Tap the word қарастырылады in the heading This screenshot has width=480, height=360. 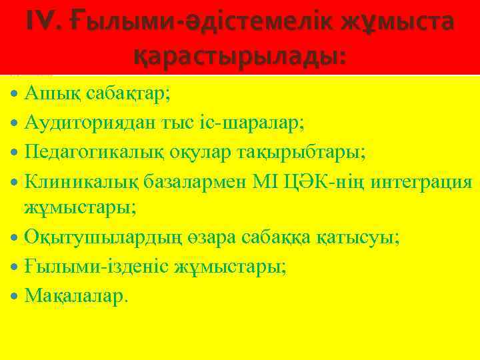[x=240, y=56]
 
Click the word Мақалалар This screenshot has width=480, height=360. [x=74, y=296]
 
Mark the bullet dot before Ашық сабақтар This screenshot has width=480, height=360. [x=15, y=93]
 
